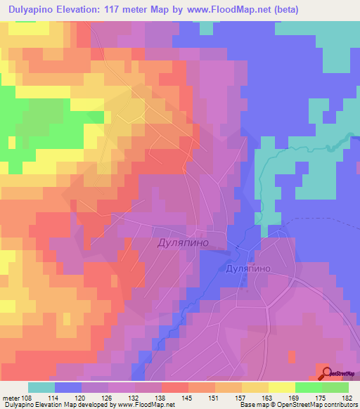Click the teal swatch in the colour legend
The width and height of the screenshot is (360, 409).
coord(41,387)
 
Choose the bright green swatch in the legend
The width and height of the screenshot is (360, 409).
coord(308,387)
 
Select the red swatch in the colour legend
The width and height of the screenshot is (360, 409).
coord(174,387)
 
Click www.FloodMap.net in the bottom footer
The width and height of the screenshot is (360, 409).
coord(146,405)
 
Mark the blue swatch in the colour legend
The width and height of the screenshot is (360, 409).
coord(68,387)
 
